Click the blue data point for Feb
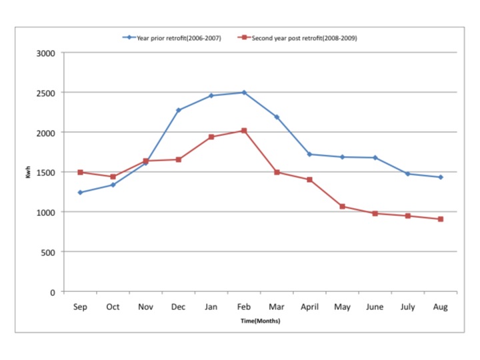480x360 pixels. point(244,92)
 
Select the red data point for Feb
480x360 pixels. point(244,131)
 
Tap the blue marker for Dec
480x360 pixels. point(179,110)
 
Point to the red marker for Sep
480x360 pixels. point(80,172)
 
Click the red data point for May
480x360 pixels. point(342,207)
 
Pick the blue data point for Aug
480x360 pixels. point(440,177)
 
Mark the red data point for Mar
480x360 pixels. point(277,172)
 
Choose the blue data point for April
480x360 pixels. point(309,154)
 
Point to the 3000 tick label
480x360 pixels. point(45,53)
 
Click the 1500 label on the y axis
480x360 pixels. point(45,172)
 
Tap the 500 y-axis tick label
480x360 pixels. point(48,252)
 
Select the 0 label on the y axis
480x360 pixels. point(53,292)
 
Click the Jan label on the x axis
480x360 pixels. point(211,307)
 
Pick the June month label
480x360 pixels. point(375,307)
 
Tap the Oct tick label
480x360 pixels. point(113,307)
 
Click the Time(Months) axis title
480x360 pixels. point(260,321)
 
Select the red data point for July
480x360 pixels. point(407,216)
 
